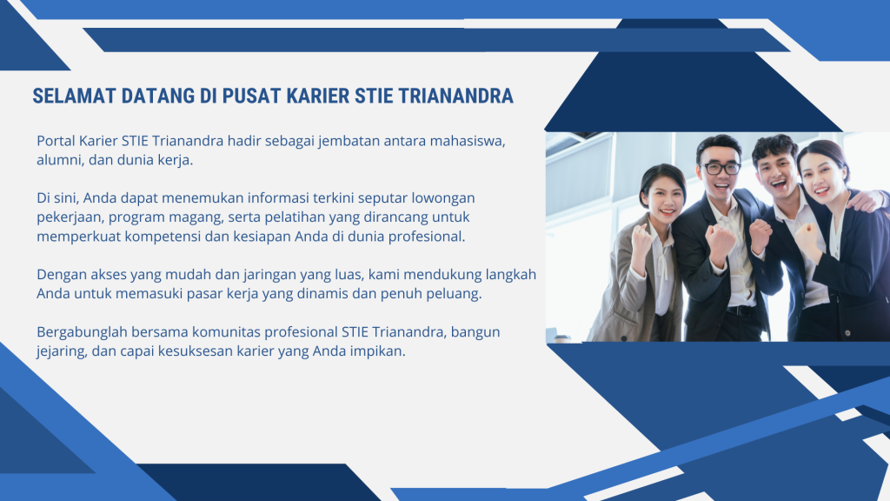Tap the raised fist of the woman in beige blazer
pyautogui.click(x=641, y=238)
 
